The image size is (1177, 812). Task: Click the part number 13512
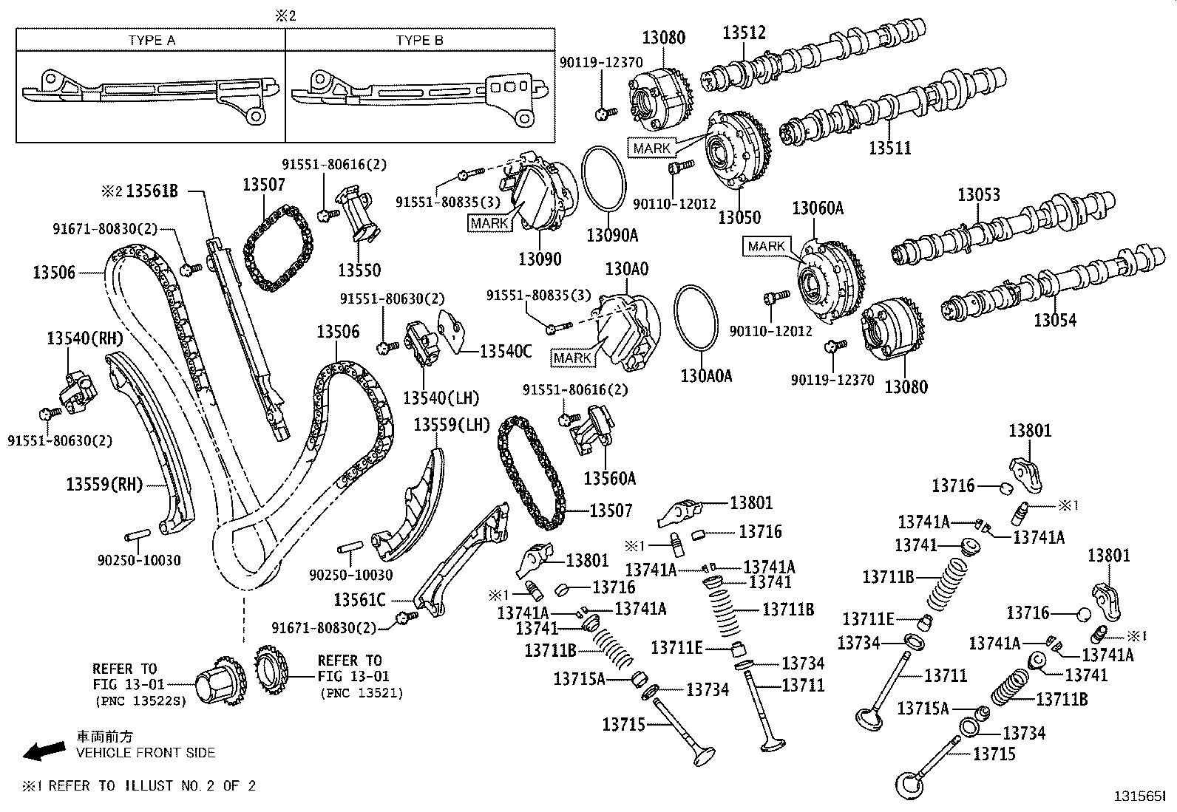[744, 33]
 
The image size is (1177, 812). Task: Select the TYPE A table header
[151, 41]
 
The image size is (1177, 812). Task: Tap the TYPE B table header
[419, 41]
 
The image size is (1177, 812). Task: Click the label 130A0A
[706, 376]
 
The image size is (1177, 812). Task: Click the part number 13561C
[359, 599]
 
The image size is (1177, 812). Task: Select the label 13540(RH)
[84, 338]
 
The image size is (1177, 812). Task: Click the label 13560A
[609, 479]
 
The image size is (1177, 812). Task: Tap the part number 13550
[359, 270]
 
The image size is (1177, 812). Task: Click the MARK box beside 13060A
[766, 246]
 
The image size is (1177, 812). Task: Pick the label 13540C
[505, 352]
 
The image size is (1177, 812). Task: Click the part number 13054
[1055, 320]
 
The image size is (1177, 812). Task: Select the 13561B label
[152, 191]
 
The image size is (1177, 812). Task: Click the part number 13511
[889, 148]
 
